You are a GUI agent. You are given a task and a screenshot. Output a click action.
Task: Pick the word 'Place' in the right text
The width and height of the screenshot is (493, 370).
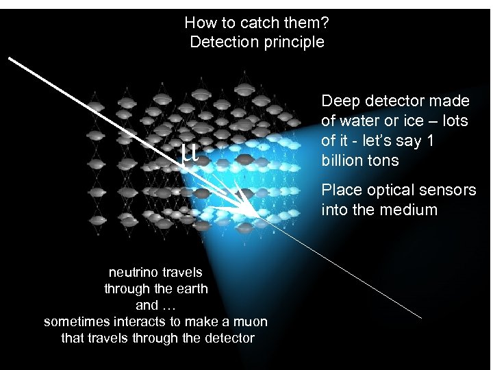coord(340,190)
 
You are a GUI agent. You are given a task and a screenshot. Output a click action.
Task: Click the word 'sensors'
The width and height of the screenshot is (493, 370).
coord(450,190)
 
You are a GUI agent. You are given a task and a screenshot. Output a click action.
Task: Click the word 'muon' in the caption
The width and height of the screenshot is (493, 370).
coord(249,321)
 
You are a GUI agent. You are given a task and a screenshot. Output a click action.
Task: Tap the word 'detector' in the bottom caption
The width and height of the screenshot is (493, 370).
coord(229,338)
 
